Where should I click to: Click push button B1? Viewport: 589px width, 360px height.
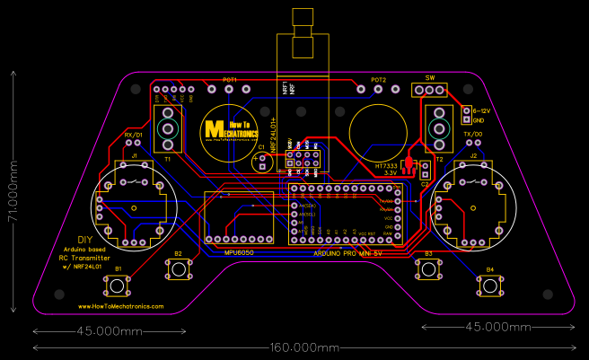point(117,286)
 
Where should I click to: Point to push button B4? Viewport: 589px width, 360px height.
point(489,285)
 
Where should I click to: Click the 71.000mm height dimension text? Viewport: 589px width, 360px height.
point(13,190)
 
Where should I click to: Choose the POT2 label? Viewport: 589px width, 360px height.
point(377,80)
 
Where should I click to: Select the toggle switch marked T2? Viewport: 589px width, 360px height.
point(439,127)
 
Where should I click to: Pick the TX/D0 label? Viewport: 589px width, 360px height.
point(472,134)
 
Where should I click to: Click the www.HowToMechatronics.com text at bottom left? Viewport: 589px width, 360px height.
point(115,306)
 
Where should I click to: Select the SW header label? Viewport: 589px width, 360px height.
point(429,78)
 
